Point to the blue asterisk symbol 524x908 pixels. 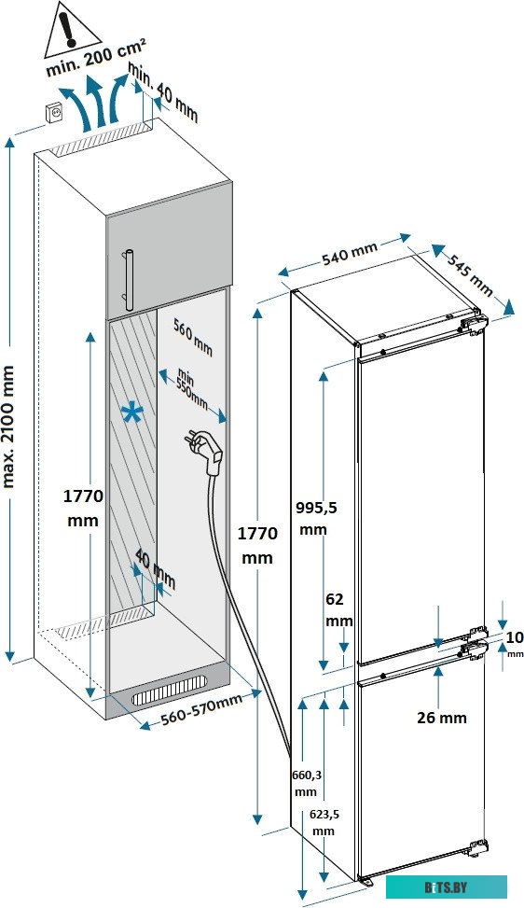[x=132, y=414]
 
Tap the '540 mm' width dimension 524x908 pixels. [x=350, y=254]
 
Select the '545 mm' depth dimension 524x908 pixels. [x=470, y=272]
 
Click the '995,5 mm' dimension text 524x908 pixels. [x=316, y=518]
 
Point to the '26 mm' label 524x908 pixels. [x=441, y=718]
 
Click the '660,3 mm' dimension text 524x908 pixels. [x=305, y=783]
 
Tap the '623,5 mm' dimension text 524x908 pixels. [x=324, y=822]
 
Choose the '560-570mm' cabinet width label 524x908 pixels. [x=200, y=709]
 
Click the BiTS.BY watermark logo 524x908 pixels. [x=446, y=887]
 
